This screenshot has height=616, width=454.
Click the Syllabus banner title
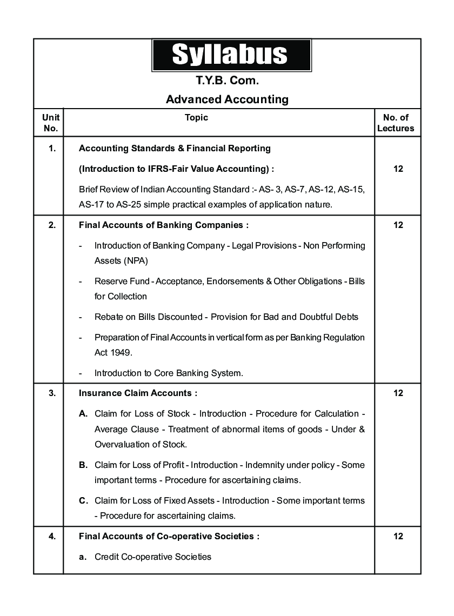click(x=230, y=55)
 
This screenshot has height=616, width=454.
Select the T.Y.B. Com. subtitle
click(x=227, y=81)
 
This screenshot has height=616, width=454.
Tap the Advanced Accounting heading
click(x=227, y=99)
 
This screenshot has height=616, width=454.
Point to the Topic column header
click(x=196, y=117)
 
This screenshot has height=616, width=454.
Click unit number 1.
click(x=52, y=148)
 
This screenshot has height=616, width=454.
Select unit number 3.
click(x=52, y=393)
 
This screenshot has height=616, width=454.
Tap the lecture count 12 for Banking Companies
click(x=398, y=225)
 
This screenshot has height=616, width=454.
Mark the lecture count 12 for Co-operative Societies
click(x=398, y=536)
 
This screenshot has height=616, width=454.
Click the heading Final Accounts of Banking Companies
click(x=164, y=225)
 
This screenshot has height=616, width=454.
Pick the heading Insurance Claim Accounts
click(x=138, y=393)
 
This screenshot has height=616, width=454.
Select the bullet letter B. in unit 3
click(x=83, y=465)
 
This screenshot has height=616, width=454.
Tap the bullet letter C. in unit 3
click(x=83, y=500)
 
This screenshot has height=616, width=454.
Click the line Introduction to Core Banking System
click(x=169, y=373)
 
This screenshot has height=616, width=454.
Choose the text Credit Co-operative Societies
click(x=153, y=557)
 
